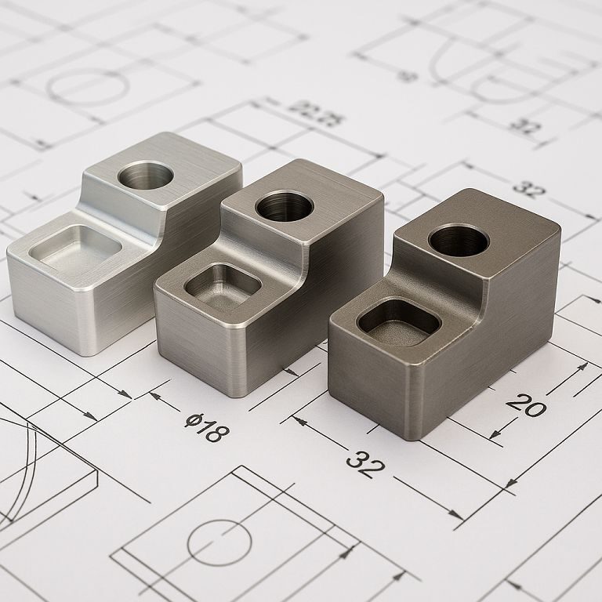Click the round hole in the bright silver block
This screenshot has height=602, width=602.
(x=146, y=175)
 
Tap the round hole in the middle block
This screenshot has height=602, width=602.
(x=284, y=206)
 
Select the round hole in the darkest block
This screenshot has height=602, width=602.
(x=459, y=240)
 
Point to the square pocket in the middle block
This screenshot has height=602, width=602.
(x=223, y=285)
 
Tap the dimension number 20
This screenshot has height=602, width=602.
(x=526, y=404)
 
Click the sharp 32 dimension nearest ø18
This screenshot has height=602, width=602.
(x=365, y=464)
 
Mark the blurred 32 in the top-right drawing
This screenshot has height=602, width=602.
(x=524, y=125)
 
